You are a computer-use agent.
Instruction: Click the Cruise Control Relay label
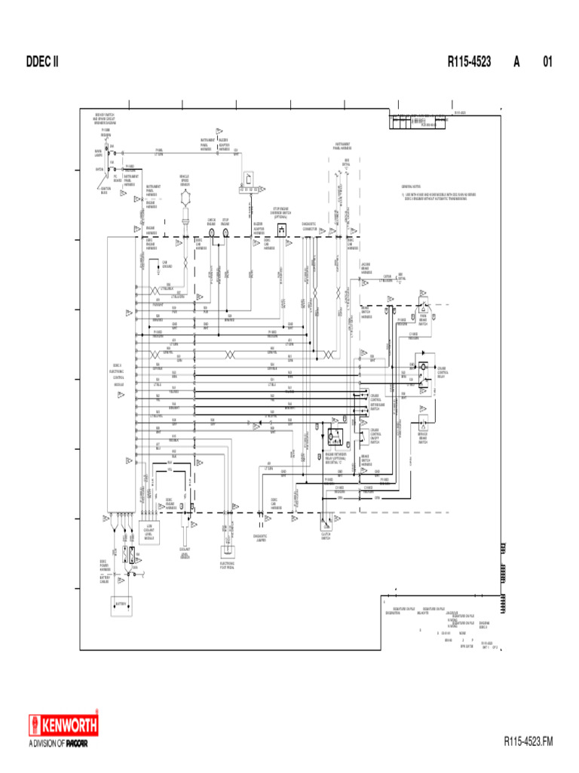[x=443, y=371]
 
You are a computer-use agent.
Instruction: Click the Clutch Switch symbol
[x=326, y=520]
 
